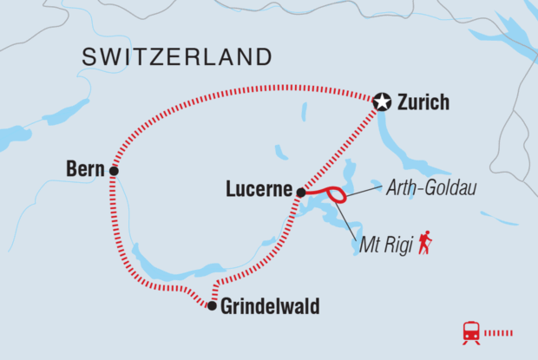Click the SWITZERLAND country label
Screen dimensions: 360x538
[177, 58]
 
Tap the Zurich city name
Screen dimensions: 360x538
[423, 103]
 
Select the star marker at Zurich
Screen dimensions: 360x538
[382, 103]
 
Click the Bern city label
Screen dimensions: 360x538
[83, 170]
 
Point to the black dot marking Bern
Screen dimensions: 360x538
[114, 171]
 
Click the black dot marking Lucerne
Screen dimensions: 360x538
[300, 193]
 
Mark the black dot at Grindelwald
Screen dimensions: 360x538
[212, 305]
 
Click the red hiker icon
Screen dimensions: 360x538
[424, 243]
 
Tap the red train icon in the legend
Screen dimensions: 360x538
[472, 332]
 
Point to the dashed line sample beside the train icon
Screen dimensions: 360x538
[500, 332]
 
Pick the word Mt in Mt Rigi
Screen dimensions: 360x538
[369, 245]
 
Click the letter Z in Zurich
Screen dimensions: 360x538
[402, 103]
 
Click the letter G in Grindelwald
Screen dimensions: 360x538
[227, 305]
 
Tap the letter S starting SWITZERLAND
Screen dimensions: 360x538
[89, 58]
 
